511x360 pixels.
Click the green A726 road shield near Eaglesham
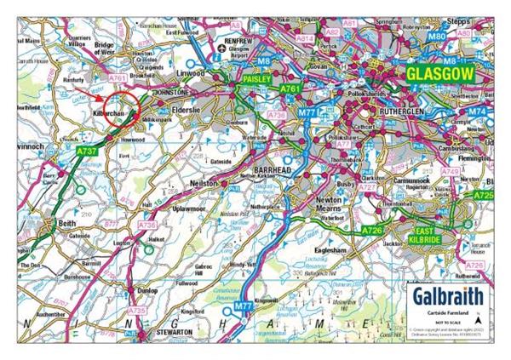point(372,230)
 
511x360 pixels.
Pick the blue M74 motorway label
point(478,111)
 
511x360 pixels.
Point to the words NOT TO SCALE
point(449,323)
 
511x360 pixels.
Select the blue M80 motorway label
point(437,38)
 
